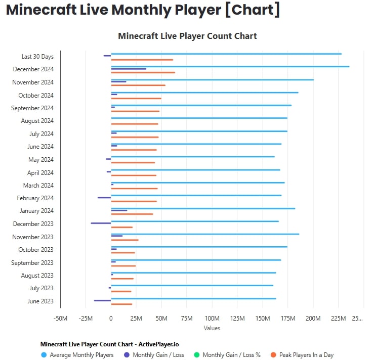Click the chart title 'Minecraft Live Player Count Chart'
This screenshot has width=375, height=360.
pos(187,36)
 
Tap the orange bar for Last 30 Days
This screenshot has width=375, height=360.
pos(142,60)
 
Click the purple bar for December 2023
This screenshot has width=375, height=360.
pos(101,223)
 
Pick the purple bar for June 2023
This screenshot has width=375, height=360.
pos(102,300)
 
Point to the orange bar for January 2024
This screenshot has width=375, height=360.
pos(132,214)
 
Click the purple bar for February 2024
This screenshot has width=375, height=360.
pos(104,197)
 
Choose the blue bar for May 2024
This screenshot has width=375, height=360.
pos(192,157)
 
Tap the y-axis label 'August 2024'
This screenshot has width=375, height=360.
pos(37,121)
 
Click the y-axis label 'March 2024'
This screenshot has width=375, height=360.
pos(38,186)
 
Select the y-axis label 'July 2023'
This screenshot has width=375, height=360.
pos(41,288)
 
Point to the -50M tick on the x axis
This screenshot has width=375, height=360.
pos(60,319)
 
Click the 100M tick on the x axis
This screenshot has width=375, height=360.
pos(212,319)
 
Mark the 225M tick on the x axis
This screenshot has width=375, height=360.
pos(338,319)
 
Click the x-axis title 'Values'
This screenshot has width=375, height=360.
pos(212,328)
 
